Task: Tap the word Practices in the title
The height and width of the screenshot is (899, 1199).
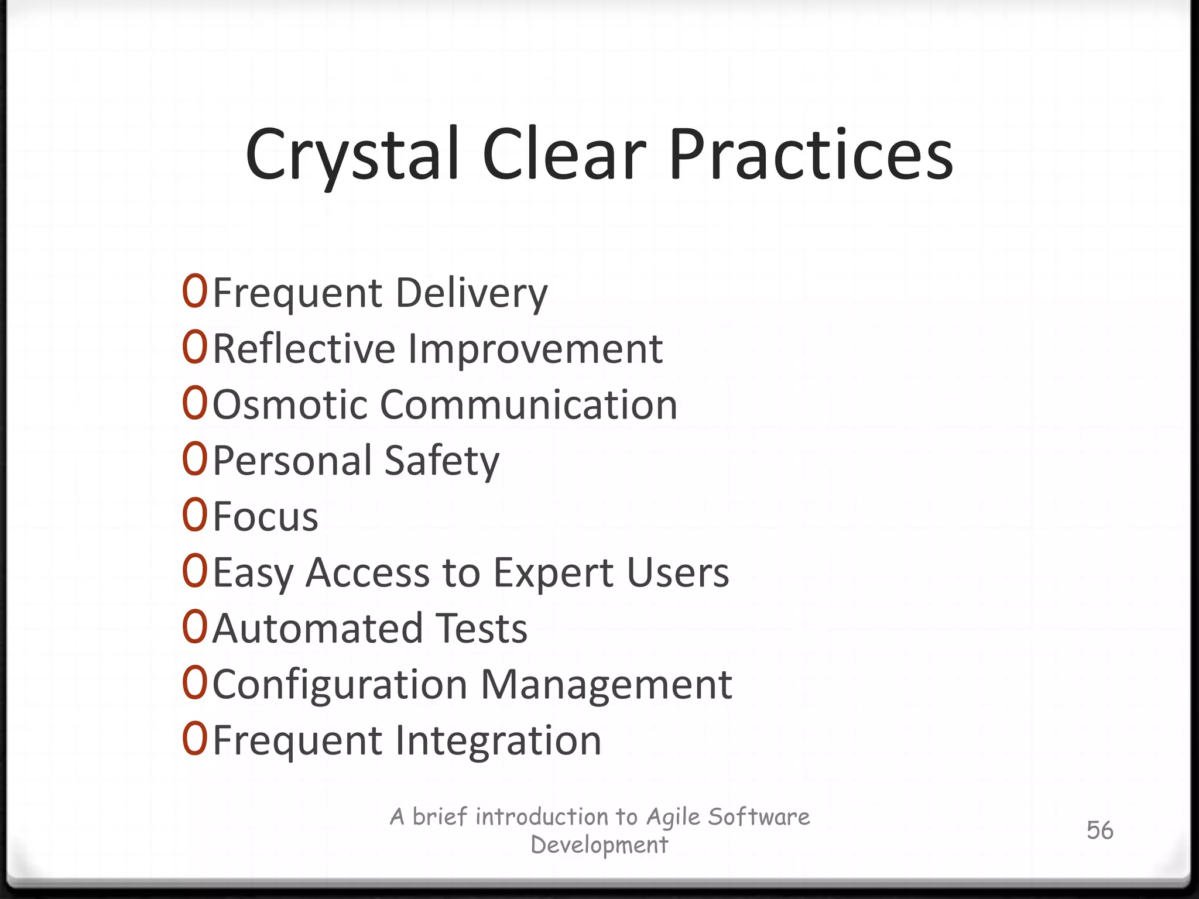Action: pyautogui.click(x=811, y=155)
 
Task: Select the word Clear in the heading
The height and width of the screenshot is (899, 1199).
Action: pyautogui.click(x=564, y=155)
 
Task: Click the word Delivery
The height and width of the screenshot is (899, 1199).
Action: pyautogui.click(x=472, y=293)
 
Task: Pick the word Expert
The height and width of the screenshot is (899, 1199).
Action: pyautogui.click(x=554, y=573)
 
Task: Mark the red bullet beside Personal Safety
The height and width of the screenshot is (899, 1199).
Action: pyautogui.click(x=194, y=460)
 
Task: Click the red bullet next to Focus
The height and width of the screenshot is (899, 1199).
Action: pyautogui.click(x=194, y=516)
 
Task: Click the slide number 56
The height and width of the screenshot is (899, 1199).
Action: pyautogui.click(x=1099, y=831)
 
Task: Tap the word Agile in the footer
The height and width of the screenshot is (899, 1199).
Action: pyautogui.click(x=673, y=817)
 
